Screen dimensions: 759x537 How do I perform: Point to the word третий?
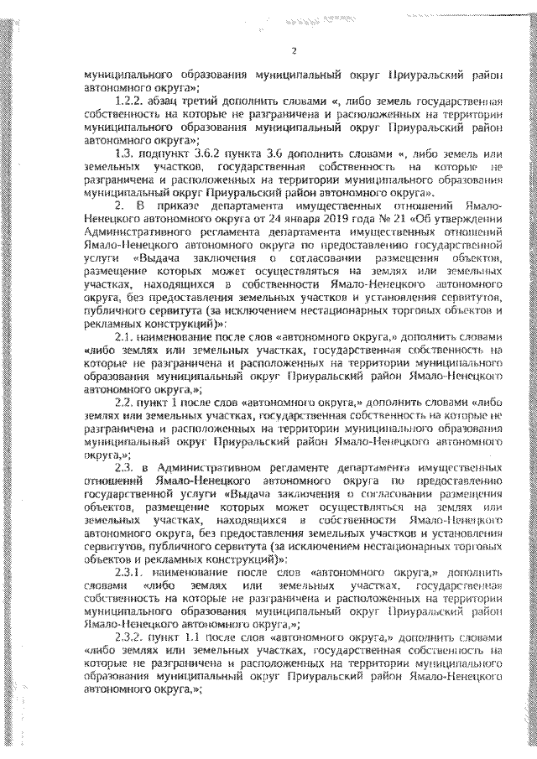click(207, 100)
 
